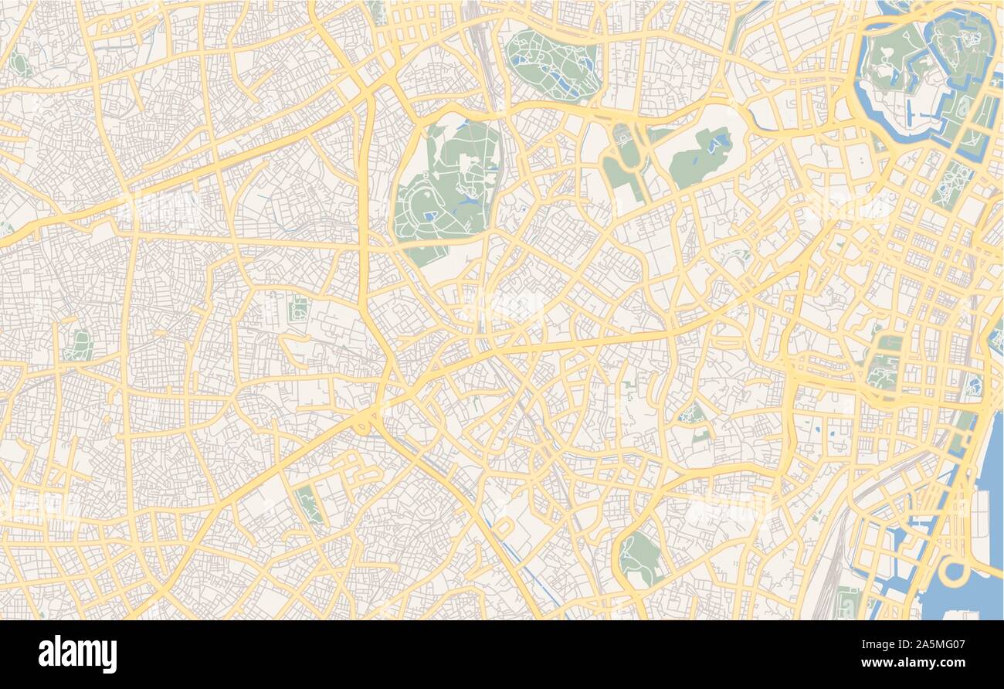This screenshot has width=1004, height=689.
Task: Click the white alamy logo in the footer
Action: tap(77, 654)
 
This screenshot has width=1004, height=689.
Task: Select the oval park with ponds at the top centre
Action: tap(553, 65)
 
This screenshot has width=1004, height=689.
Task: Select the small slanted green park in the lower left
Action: tap(309, 503)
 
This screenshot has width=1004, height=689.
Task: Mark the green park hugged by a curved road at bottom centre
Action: tap(640, 557)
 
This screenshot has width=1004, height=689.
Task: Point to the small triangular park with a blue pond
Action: tap(691, 415)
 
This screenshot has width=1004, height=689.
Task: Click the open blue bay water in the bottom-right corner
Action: tap(973, 595)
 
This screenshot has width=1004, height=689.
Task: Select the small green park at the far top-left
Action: tap(20, 65)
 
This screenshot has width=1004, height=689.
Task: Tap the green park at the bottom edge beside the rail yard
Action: tap(847, 602)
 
